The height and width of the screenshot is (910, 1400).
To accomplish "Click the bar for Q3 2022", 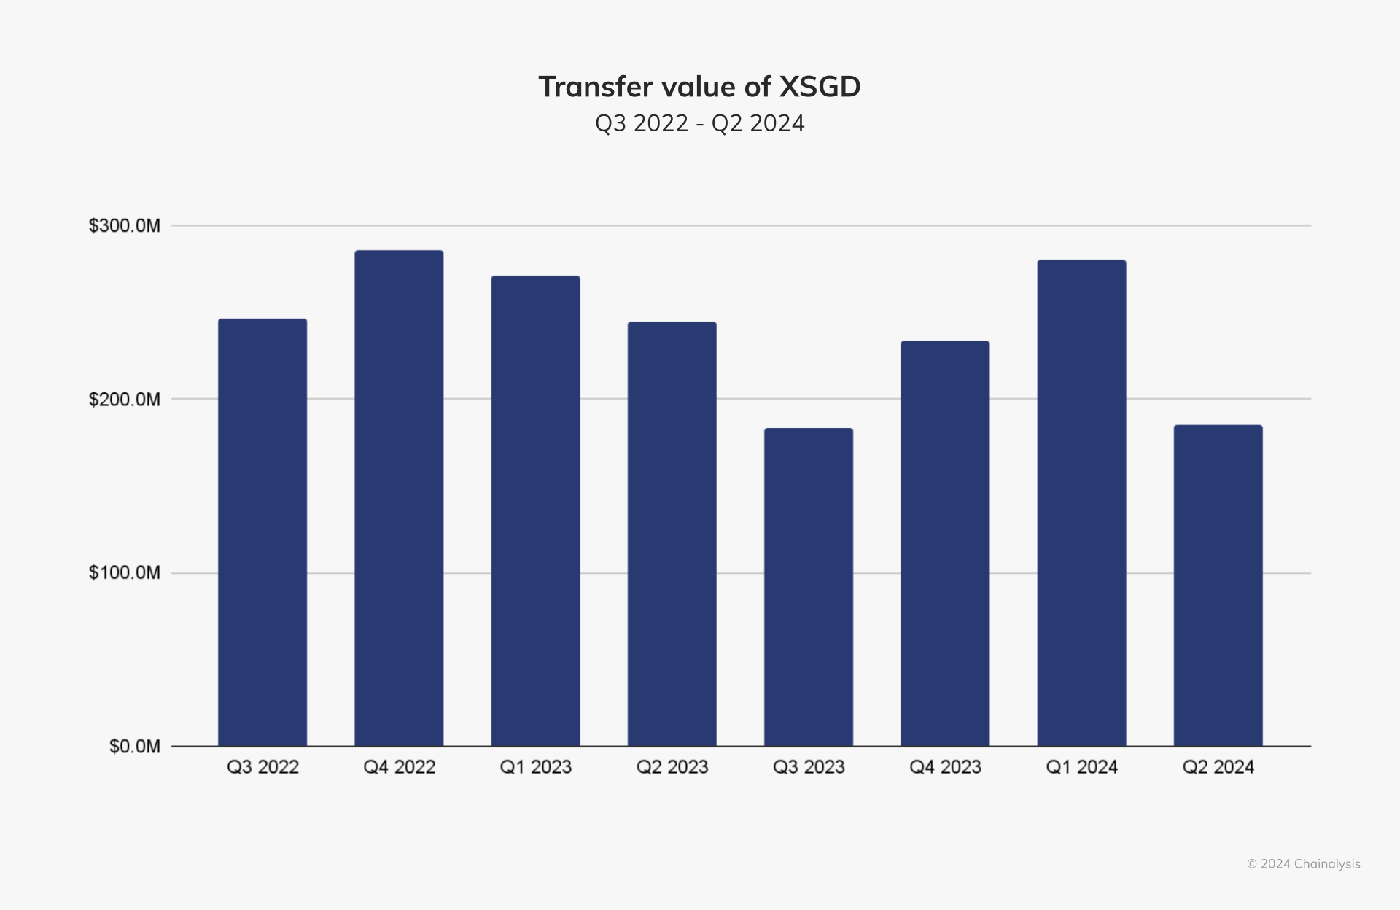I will tap(262, 532).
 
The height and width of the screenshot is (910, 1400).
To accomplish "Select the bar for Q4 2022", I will tap(399, 498).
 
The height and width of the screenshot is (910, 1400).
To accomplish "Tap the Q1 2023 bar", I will tap(535, 510).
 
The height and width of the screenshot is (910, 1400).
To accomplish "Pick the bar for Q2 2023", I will tap(672, 534).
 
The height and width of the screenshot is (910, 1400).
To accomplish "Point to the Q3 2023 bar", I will tap(809, 587).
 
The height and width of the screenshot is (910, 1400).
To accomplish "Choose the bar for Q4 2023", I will tap(945, 543).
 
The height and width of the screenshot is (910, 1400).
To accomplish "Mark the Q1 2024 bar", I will tap(1081, 503).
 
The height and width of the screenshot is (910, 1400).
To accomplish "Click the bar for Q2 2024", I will tap(1218, 586).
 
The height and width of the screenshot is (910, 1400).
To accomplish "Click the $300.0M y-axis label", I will tap(125, 225).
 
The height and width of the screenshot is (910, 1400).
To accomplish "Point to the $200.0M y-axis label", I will tap(125, 400).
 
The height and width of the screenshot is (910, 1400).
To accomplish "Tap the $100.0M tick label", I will tap(125, 572).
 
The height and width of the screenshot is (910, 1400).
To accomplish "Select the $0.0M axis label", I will tap(135, 747).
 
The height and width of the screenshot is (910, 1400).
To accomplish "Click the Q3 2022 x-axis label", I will tap(262, 767).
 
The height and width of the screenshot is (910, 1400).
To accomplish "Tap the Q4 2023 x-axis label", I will tap(945, 767).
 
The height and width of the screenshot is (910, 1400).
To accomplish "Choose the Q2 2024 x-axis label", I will tap(1218, 767).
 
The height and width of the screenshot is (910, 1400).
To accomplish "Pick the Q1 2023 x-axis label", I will tap(535, 767).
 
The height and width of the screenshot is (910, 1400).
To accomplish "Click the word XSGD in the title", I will tap(820, 87).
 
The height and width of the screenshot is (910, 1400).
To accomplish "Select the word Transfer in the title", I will tap(596, 87).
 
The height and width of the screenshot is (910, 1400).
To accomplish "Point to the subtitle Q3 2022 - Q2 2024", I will tap(700, 123).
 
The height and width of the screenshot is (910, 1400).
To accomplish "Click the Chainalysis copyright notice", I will tap(1303, 864).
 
